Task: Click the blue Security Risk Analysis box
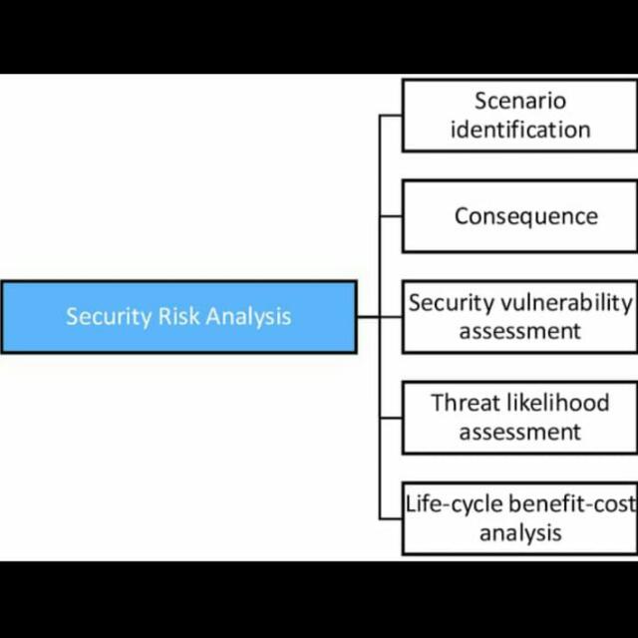(179, 317)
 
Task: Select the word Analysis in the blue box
(248, 317)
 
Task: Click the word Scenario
(520, 101)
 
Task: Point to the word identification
(520, 130)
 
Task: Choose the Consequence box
(520, 216)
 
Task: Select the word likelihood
(558, 403)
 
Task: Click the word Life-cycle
(455, 504)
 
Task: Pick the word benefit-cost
(572, 503)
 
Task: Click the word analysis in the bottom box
(520, 532)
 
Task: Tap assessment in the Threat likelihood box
(520, 432)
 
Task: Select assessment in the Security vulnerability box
(520, 331)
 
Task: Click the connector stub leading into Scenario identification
(391, 116)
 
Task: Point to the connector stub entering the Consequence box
(391, 216)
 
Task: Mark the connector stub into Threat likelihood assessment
(391, 418)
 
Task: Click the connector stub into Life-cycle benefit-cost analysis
(391, 518)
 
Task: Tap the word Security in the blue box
(109, 317)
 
